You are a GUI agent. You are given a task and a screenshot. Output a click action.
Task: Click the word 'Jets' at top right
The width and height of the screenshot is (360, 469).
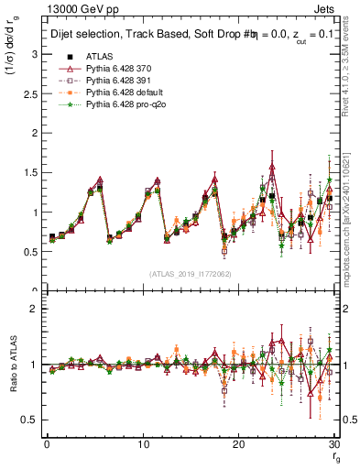coord(326,8)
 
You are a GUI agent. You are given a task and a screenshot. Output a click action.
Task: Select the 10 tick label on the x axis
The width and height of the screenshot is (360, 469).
coord(142,444)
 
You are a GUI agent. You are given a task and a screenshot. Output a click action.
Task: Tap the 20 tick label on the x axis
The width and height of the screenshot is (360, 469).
coord(238,444)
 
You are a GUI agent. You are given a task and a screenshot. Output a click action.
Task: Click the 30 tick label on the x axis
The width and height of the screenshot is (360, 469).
coord(334,444)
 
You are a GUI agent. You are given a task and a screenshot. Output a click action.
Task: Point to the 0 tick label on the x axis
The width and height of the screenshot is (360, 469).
coord(46,444)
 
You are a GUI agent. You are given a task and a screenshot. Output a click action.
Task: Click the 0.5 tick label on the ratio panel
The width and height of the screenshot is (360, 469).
coord(28,420)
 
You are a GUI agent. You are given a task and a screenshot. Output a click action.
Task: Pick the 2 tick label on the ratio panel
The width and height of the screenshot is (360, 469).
coord(33,309)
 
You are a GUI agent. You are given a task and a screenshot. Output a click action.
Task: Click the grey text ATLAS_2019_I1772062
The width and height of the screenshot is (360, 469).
coord(190,274)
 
